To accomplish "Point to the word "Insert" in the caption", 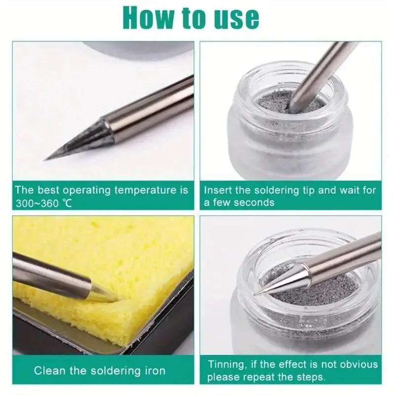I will tap(218, 190).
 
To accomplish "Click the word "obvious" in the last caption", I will tap(357, 365).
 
